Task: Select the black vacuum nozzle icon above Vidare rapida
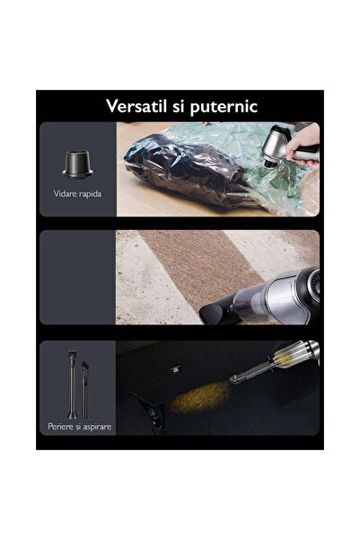click(x=77, y=162)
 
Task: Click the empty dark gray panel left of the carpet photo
click(x=76, y=277)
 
